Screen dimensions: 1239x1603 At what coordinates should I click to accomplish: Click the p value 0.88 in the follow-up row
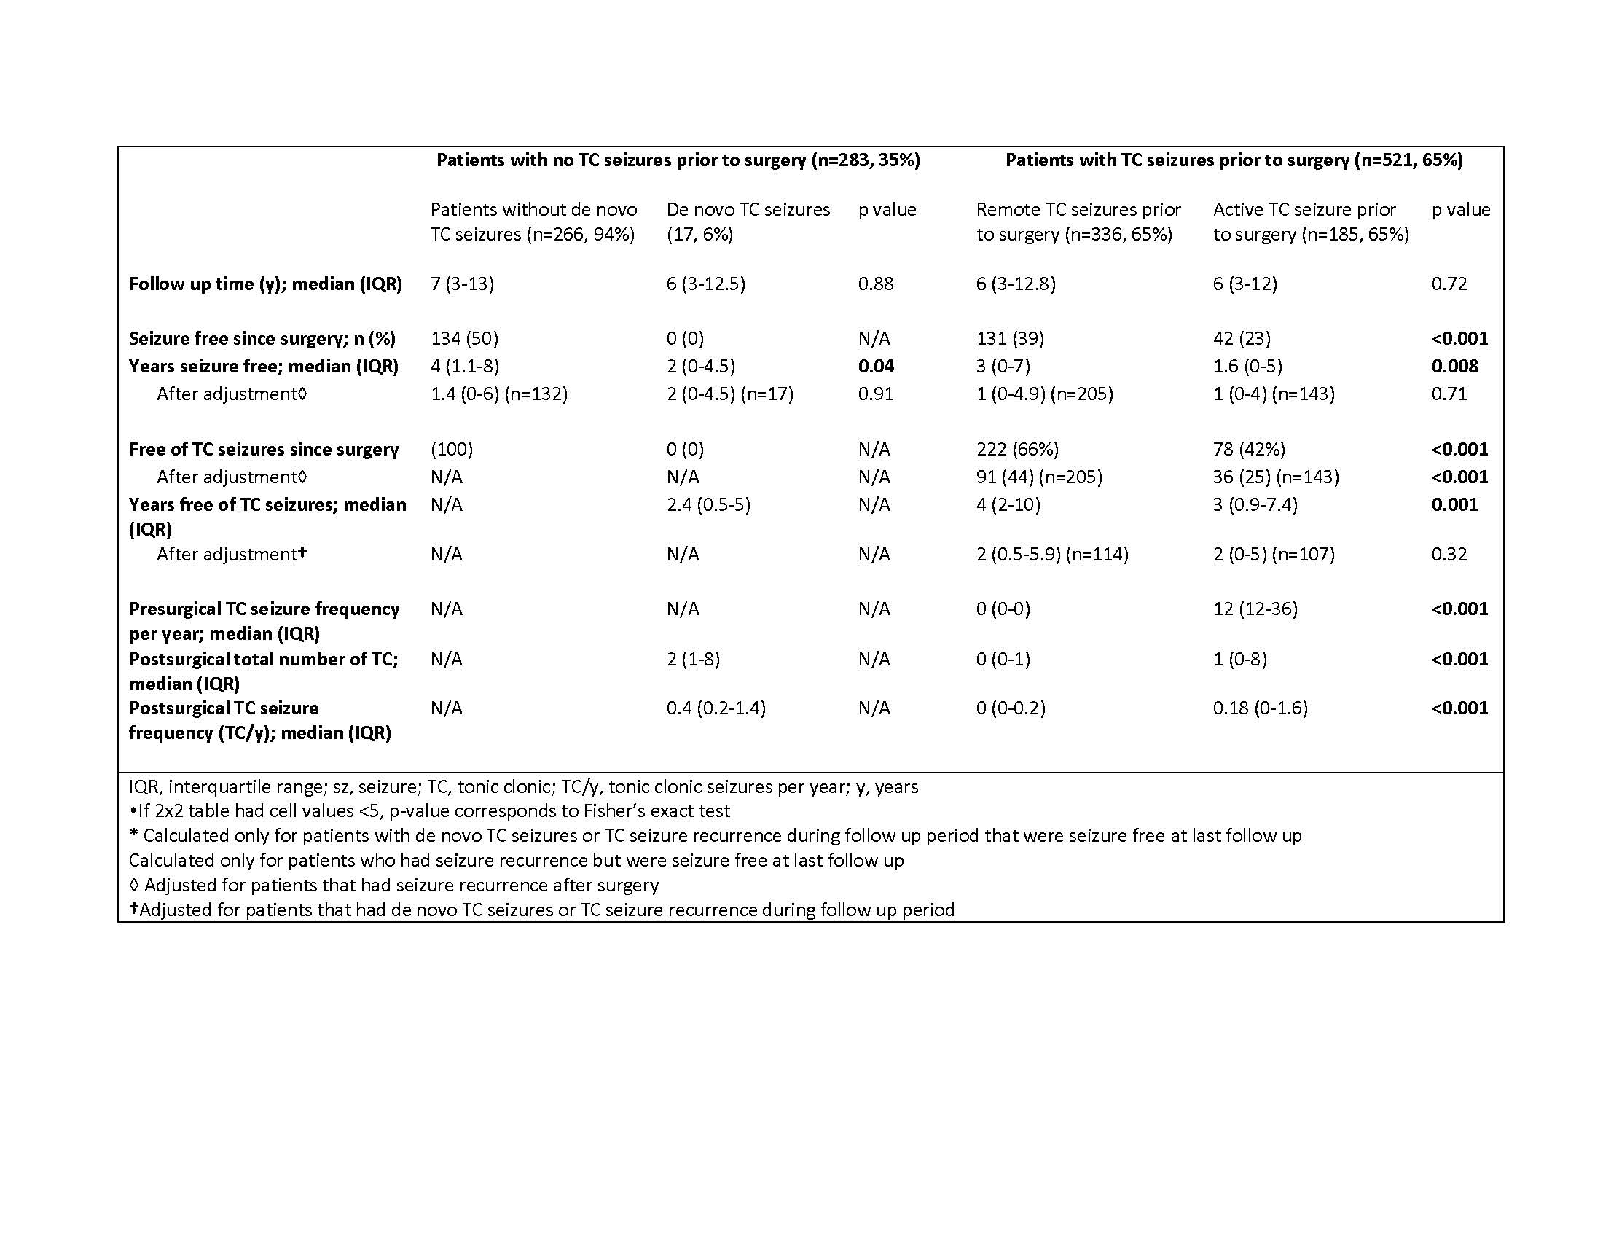pos(875,284)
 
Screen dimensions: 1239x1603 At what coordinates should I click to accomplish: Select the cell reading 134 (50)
pos(464,338)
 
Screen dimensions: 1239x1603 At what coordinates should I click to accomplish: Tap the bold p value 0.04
pos(876,367)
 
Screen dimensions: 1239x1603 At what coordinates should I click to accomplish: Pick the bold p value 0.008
pos(1454,367)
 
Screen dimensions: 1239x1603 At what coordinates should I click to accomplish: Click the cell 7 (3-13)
pos(462,284)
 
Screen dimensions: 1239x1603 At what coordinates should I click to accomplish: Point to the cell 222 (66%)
pos(1016,449)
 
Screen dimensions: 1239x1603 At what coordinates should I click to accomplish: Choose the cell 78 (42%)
pos(1248,449)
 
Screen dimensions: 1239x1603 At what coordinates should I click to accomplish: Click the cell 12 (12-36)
pos(1255,609)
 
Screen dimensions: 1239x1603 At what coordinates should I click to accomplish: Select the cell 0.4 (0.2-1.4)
pos(716,708)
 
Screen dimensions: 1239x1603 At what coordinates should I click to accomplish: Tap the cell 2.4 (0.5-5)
pos(708,505)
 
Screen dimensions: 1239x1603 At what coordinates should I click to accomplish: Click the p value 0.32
pos(1448,554)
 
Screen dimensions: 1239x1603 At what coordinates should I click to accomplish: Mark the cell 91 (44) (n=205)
pos(1038,477)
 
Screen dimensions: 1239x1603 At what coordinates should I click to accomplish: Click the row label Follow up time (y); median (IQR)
pos(265,284)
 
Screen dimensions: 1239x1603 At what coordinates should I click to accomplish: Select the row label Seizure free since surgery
pos(262,338)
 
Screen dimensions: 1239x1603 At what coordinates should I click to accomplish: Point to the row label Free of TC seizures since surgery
pos(264,449)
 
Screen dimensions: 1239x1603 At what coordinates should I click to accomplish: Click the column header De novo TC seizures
pos(747,222)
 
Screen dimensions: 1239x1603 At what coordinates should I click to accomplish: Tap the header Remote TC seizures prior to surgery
pos(1078,222)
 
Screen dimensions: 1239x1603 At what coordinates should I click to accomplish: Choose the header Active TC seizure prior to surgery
pos(1310,222)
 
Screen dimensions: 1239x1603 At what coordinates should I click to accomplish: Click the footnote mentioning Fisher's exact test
pos(429,811)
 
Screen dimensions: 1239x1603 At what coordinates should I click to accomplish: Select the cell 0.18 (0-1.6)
pos(1260,708)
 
